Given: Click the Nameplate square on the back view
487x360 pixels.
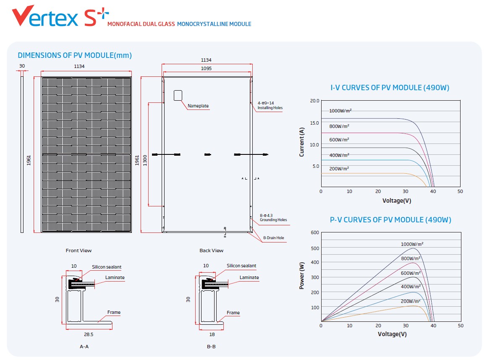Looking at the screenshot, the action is pyautogui.click(x=178, y=96).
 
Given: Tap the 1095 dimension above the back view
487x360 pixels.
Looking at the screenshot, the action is pyautogui.click(x=206, y=68).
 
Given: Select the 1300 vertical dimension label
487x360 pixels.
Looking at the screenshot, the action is pyautogui.click(x=145, y=160).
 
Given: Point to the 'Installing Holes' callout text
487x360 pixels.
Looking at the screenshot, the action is pyautogui.click(x=270, y=108).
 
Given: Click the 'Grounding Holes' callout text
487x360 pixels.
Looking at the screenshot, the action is pyautogui.click(x=273, y=220).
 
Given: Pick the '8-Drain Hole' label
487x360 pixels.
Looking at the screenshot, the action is pyautogui.click(x=274, y=238).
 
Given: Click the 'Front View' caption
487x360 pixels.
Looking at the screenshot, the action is pyautogui.click(x=79, y=250).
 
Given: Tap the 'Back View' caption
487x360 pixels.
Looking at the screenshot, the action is pyautogui.click(x=212, y=250).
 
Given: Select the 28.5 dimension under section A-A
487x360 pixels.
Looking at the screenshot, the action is pyautogui.click(x=89, y=334).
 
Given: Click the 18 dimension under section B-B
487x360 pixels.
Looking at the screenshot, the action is pyautogui.click(x=212, y=334).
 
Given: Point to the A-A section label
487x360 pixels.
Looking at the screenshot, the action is pyautogui.click(x=84, y=347).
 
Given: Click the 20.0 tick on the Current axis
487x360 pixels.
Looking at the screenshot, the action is pyautogui.click(x=314, y=101).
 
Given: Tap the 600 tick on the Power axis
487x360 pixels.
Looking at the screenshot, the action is pyautogui.click(x=315, y=232).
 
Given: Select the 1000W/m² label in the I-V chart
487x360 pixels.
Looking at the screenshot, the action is pyautogui.click(x=340, y=111).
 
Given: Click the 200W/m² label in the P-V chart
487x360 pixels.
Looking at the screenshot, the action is pyautogui.click(x=411, y=301).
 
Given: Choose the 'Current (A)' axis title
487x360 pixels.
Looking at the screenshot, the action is pyautogui.click(x=301, y=142).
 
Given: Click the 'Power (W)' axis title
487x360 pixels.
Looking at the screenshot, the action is pyautogui.click(x=301, y=276).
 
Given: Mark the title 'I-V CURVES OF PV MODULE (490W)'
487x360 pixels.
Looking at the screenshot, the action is pyautogui.click(x=390, y=88).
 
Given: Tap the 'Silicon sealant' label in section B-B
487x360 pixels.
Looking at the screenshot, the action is pyautogui.click(x=241, y=266).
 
